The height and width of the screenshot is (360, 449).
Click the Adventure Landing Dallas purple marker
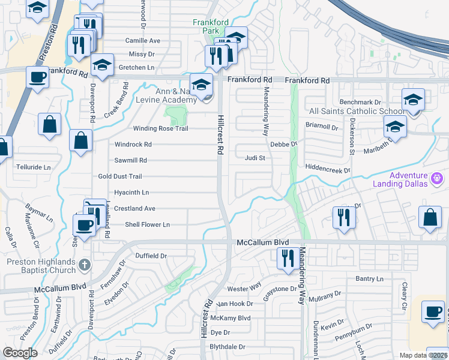pyautogui.click(x=437, y=178)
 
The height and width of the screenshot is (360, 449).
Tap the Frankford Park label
pyautogui.click(x=210, y=26)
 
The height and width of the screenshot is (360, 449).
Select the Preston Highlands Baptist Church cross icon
pyautogui.click(x=85, y=265)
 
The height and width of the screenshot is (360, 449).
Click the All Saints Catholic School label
pyautogui.click(x=348, y=112)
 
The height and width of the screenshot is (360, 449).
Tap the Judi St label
pyautogui.click(x=255, y=158)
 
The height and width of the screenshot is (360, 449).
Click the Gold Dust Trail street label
pyautogui.click(x=120, y=176)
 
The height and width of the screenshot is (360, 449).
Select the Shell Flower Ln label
pyautogui.click(x=147, y=224)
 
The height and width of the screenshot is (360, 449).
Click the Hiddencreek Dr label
pyautogui.click(x=327, y=171)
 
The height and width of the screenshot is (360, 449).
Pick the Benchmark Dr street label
pyautogui.click(x=360, y=103)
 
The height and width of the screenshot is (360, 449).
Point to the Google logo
pyautogui.click(x=20, y=353)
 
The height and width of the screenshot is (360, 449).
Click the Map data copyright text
pyautogui.click(x=424, y=355)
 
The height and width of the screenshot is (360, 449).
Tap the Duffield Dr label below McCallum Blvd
pyautogui.click(x=151, y=256)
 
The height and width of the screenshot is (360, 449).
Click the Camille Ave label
pyautogui.click(x=143, y=41)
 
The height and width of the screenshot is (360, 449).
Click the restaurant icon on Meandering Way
pyautogui.click(x=285, y=258)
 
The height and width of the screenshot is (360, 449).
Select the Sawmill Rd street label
pyautogui.click(x=131, y=161)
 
